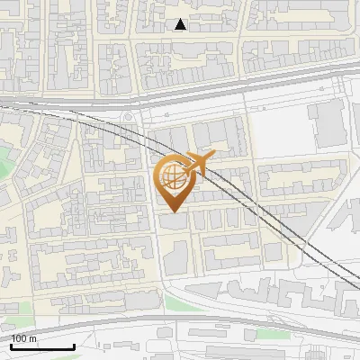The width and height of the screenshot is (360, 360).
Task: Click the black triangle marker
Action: click(181, 24)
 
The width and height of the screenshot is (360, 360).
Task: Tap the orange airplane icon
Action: click(195, 165)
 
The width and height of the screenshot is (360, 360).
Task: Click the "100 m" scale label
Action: click(24, 338)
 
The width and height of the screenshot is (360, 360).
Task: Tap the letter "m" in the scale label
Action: click(32, 338)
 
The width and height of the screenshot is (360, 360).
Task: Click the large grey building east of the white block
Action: click(328, 127)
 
